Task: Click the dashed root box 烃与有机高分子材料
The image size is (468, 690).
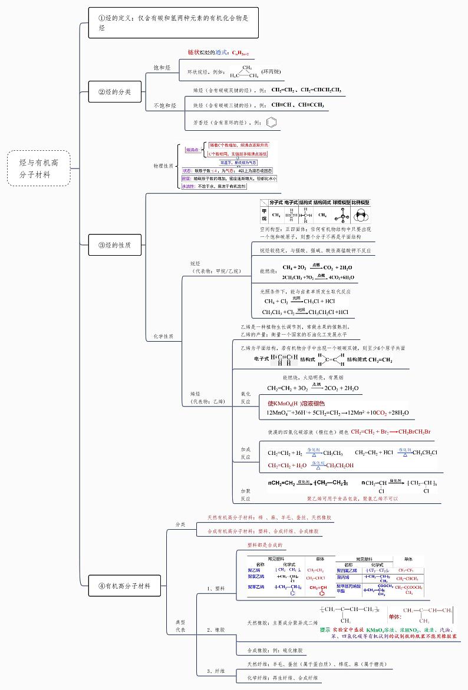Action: coord(39,168)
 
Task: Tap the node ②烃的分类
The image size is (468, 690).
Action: coord(114,92)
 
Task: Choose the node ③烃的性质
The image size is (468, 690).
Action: coord(114,245)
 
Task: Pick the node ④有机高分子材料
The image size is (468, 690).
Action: coord(124,586)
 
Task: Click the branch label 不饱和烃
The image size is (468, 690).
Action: coord(164,105)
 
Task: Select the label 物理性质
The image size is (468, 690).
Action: coord(163,166)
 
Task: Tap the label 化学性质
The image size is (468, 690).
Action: coord(163,336)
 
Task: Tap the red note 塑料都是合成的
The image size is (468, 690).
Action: coord(265,545)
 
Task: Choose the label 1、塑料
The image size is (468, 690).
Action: coord(216,588)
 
